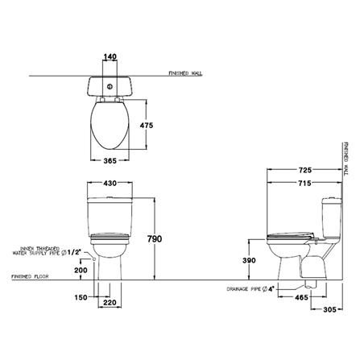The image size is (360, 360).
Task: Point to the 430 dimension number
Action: coord(114,184)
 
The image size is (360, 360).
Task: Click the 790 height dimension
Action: coord(168,238)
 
